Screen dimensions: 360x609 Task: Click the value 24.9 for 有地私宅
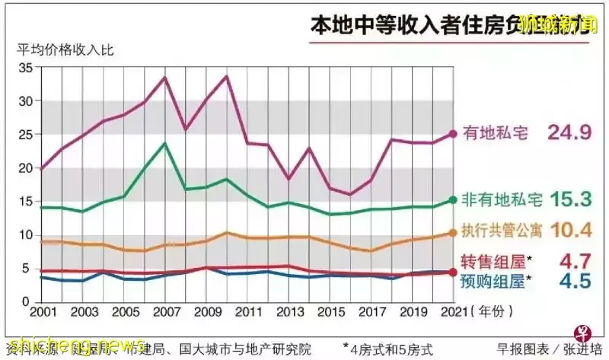pyautogui.click(x=565, y=133)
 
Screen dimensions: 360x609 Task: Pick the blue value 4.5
pyautogui.click(x=576, y=282)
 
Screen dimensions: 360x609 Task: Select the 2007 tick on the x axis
pyautogui.click(x=165, y=313)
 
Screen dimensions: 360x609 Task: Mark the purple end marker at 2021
pyautogui.click(x=453, y=133)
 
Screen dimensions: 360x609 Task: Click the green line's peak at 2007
pyautogui.click(x=165, y=143)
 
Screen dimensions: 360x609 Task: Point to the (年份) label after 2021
pyautogui.click(x=488, y=313)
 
